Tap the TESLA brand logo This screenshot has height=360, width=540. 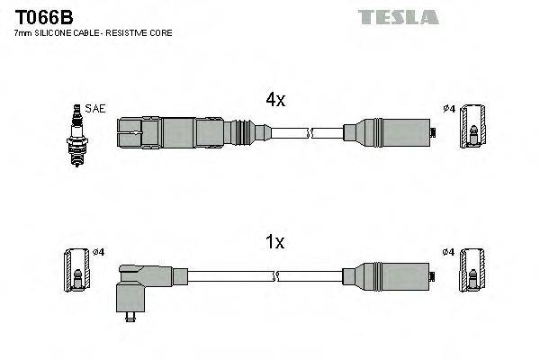(x=398, y=17)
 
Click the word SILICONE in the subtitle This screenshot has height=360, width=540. (x=58, y=32)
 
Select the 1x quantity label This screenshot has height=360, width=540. (x=274, y=242)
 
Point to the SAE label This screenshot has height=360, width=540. (x=95, y=109)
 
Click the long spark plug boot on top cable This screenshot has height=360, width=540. (x=180, y=133)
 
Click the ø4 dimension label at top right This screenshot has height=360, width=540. (x=449, y=110)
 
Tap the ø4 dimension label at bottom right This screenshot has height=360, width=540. (x=449, y=251)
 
